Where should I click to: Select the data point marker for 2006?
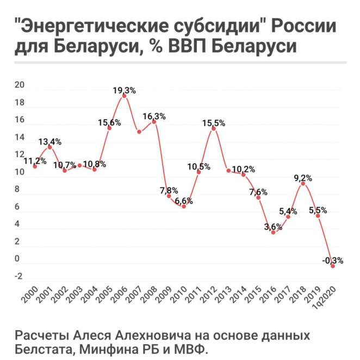pos(125,96)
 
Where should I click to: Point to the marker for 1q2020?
pos(332,266)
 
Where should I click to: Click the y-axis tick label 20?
pos(20,86)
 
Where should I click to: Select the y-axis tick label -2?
pos(19,276)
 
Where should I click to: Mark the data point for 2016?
pos(273,233)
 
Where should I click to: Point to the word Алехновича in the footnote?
pos(129,334)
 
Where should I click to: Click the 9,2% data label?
pos(302,177)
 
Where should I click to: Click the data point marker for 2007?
pos(139,132)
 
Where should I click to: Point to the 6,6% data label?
pos(183,201)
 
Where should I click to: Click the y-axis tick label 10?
pos(20,172)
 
